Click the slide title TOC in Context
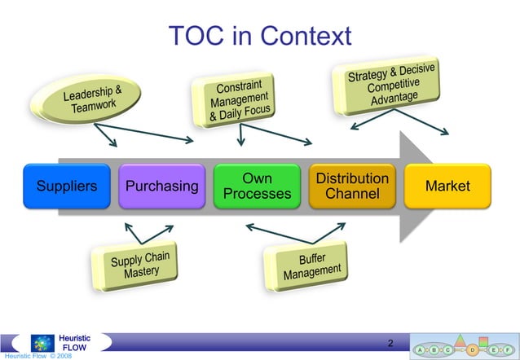(x=259, y=35)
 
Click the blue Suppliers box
(x=67, y=186)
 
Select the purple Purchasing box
(x=161, y=186)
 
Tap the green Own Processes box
(x=257, y=186)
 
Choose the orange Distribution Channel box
(x=352, y=186)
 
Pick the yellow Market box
(x=447, y=186)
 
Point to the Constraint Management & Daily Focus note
(x=238, y=101)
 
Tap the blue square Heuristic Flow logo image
(x=42, y=342)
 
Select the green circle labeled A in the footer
(x=419, y=349)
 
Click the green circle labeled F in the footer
(x=506, y=349)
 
